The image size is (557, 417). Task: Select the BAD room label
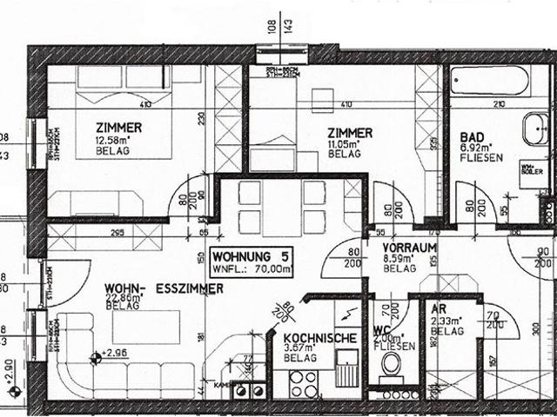[472, 137]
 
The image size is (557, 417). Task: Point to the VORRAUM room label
[409, 248]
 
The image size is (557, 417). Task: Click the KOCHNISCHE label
[319, 338]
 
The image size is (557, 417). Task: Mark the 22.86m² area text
[123, 298]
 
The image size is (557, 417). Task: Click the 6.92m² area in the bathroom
[477, 149]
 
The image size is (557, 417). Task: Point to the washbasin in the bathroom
[534, 130]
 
